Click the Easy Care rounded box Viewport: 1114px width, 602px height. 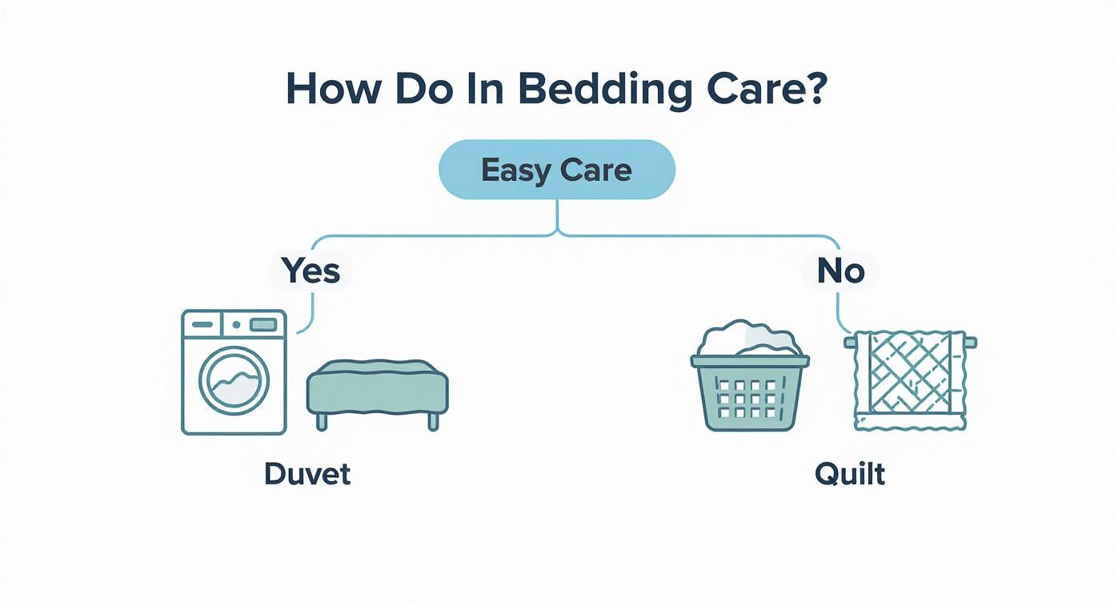click(x=557, y=170)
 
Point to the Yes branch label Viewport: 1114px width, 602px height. click(x=312, y=271)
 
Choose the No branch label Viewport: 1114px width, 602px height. click(x=840, y=271)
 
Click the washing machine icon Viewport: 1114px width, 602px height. click(x=234, y=372)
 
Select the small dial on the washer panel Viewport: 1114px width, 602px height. click(x=236, y=324)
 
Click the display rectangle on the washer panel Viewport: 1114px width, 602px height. click(x=263, y=324)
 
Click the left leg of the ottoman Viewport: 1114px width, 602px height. click(x=323, y=421)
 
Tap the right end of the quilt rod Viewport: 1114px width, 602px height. click(x=971, y=343)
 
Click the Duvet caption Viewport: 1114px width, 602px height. click(x=307, y=474)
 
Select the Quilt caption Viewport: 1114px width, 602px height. click(x=850, y=474)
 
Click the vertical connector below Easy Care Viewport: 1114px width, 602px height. click(x=557, y=216)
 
